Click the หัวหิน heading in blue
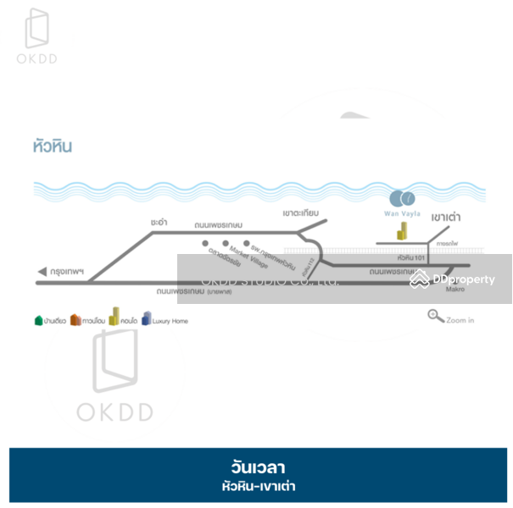(x=52, y=146)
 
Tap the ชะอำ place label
(x=159, y=221)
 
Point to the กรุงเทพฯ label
(x=68, y=272)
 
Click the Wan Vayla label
(x=402, y=214)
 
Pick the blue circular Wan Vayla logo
(x=402, y=199)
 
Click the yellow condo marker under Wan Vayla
(x=394, y=229)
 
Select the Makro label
(x=456, y=290)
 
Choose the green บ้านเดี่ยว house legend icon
(x=38, y=320)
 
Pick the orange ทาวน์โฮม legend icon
(x=75, y=320)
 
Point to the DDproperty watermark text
(x=463, y=279)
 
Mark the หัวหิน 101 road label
(x=410, y=257)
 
